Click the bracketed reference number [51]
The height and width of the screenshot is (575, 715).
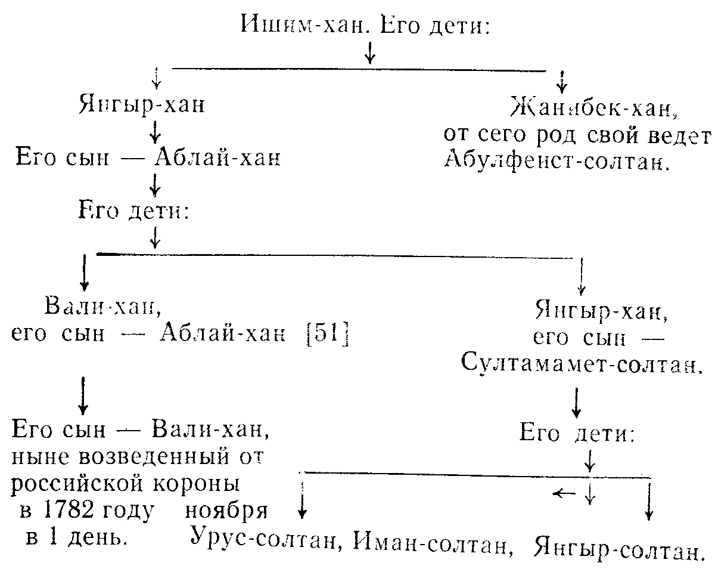click(328, 333)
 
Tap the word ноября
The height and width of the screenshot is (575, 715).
click(226, 512)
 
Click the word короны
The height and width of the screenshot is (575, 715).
click(196, 484)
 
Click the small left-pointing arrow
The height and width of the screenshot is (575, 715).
click(564, 493)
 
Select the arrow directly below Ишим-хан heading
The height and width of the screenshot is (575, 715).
click(370, 52)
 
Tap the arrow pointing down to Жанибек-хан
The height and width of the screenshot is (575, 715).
click(562, 82)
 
